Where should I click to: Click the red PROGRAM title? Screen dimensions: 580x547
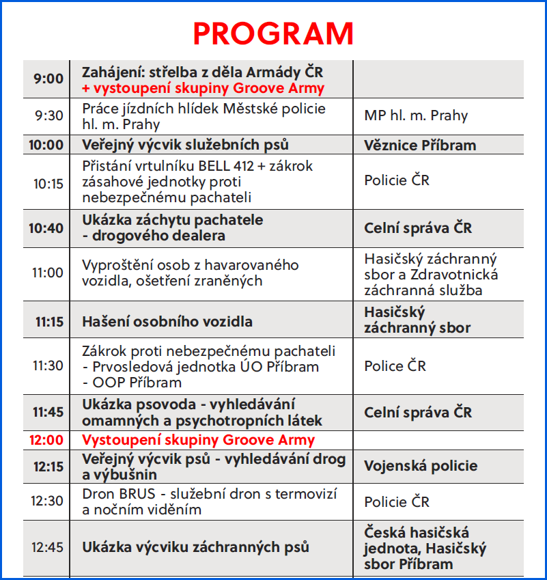pos(273,33)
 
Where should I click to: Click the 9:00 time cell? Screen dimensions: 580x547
pos(48,79)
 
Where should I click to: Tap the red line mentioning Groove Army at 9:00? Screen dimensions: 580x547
pos(203,88)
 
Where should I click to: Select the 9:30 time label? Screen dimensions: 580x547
pos(49,115)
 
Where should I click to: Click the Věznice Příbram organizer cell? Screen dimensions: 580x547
pos(420,146)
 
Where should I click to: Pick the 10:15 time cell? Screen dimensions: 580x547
pos(48,182)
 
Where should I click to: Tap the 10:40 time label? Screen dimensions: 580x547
pos(46,228)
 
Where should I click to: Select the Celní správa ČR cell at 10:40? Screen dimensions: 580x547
pos(418,228)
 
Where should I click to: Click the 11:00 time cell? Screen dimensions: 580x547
pos(48,273)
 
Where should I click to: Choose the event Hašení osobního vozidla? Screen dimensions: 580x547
pos(167,321)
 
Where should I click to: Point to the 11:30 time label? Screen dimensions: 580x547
pos(48,365)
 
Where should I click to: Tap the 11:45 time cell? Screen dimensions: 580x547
pos(48,412)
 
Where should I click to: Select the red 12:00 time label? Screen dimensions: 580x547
pos(46,440)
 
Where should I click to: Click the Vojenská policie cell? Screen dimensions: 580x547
pos(420,466)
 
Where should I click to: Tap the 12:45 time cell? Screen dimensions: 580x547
pos(48,547)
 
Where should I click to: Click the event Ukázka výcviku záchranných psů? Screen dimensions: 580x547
pos(195,547)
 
